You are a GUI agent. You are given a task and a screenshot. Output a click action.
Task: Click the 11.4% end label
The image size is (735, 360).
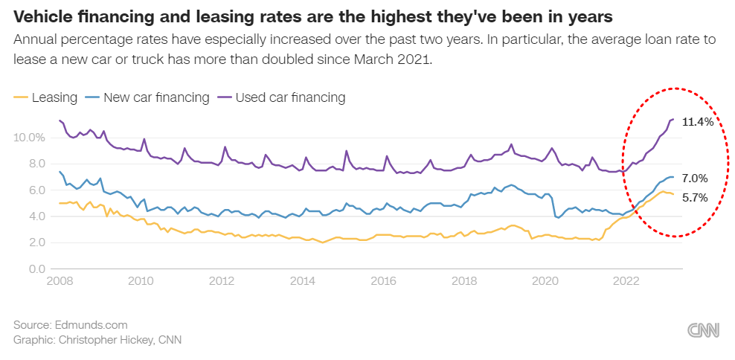pyautogui.click(x=698, y=122)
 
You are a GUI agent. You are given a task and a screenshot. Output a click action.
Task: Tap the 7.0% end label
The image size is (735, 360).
pyautogui.click(x=694, y=179)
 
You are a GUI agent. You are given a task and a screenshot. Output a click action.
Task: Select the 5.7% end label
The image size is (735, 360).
pyautogui.click(x=694, y=199)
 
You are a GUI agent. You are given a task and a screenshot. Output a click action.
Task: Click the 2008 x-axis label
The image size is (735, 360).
pyautogui.click(x=60, y=281)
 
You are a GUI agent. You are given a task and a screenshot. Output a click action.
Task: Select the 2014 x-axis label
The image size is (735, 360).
pyautogui.click(x=302, y=281)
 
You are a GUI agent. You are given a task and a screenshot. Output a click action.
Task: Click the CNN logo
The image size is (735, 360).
pyautogui.click(x=703, y=331)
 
